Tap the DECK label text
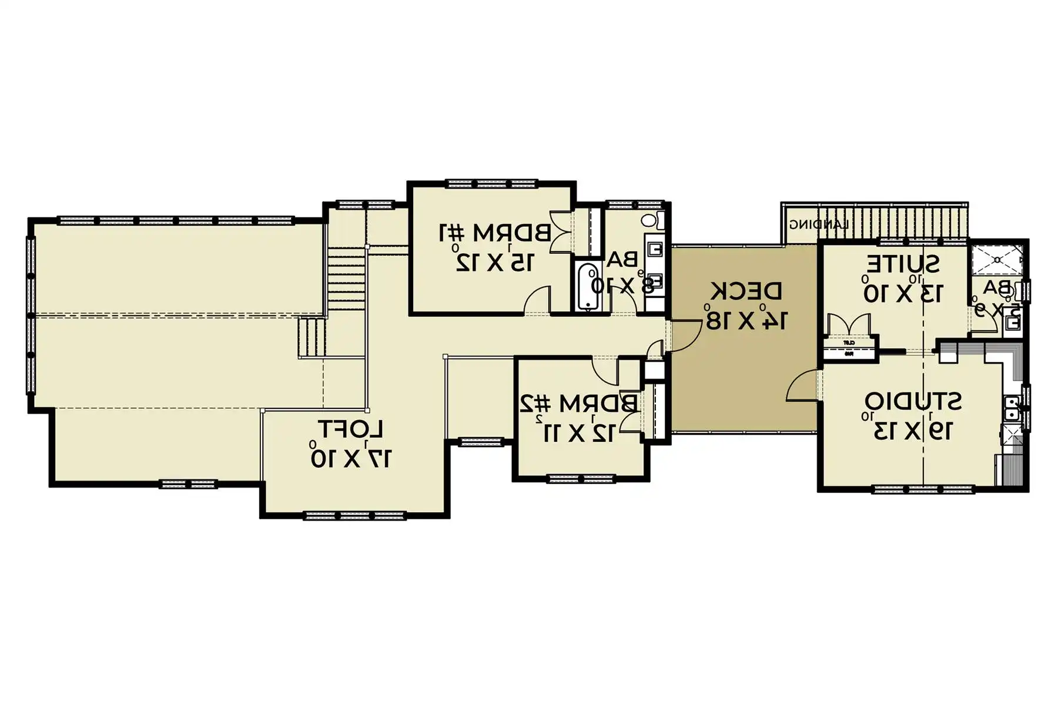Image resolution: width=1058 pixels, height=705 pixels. pos(746,291)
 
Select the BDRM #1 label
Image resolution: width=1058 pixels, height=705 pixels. pos(495,233)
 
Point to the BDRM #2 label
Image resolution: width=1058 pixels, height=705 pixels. pos(578,404)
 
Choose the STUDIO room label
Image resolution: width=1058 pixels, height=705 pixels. pos(913,402)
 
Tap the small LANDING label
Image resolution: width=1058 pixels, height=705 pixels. pos(818,224)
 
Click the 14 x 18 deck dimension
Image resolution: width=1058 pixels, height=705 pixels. pos(746,320)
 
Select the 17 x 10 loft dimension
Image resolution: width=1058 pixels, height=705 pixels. pos(351,458)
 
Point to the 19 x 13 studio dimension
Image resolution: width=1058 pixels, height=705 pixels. pos(912,431)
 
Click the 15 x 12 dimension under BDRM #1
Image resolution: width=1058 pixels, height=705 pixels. pos(495,262)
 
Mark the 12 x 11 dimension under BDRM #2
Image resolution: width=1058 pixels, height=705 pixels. pos(578,433)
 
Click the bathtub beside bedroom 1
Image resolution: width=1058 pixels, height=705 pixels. pos(587,287)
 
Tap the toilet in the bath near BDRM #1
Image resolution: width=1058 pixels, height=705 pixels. pos(650,221)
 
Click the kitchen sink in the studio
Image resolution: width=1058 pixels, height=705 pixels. pos(1012,408)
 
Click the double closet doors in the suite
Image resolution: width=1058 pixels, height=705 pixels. pos(848,325)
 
